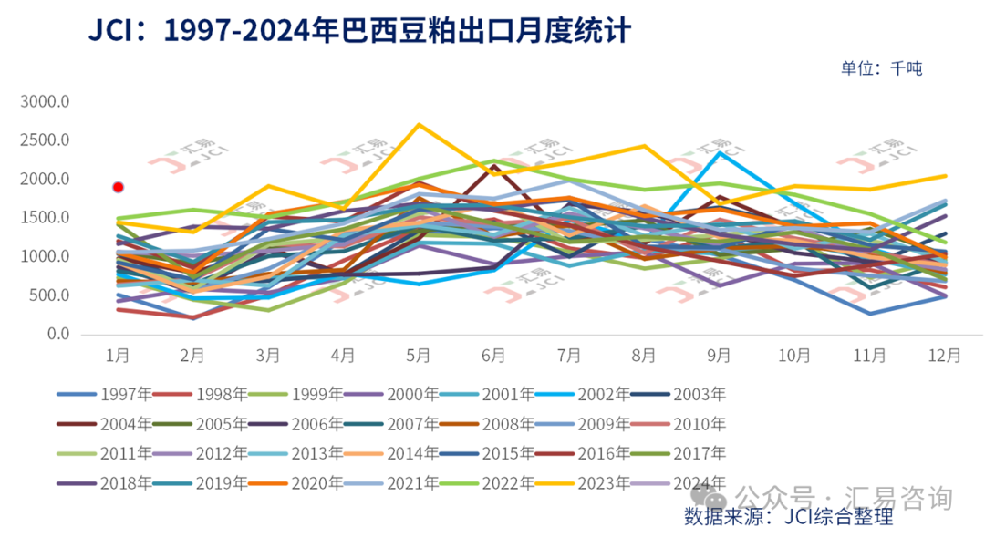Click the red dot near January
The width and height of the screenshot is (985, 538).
pos(118,187)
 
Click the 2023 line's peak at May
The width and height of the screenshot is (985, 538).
pos(419,124)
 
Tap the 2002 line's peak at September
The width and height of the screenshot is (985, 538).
pos(720,152)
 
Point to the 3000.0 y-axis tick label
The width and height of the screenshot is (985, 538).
pos(44,101)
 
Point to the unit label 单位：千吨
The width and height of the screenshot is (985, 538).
pos(881,67)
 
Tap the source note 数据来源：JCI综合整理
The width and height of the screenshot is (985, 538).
pos(788,517)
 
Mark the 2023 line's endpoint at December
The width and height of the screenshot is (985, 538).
pos(945,176)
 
